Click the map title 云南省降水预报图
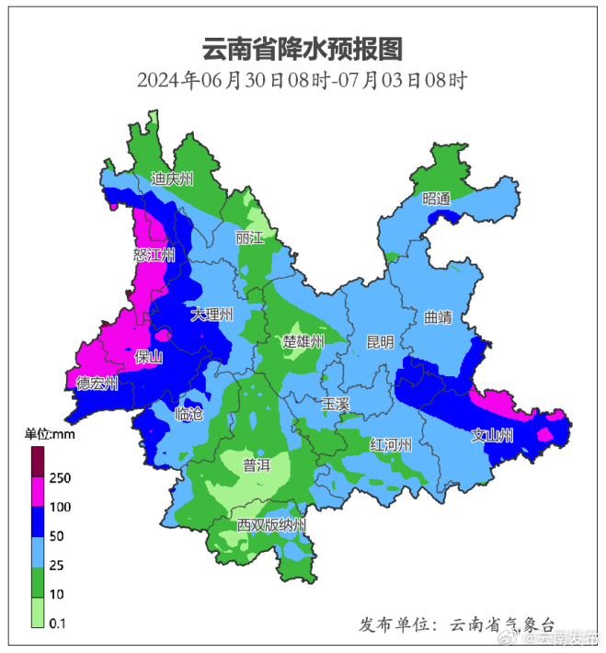point(303,48)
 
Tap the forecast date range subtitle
point(303,80)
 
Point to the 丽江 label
point(249,238)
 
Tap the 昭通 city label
point(437,199)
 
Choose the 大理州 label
point(212,315)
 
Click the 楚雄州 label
point(303,342)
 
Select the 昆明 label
point(380,342)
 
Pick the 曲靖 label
point(439,317)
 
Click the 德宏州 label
point(97,384)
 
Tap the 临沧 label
point(188,414)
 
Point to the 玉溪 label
point(336,404)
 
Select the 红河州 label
point(390,445)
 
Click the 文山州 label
point(492,436)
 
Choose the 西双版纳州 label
point(271,525)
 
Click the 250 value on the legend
point(61,478)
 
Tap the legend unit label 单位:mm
point(51,434)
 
